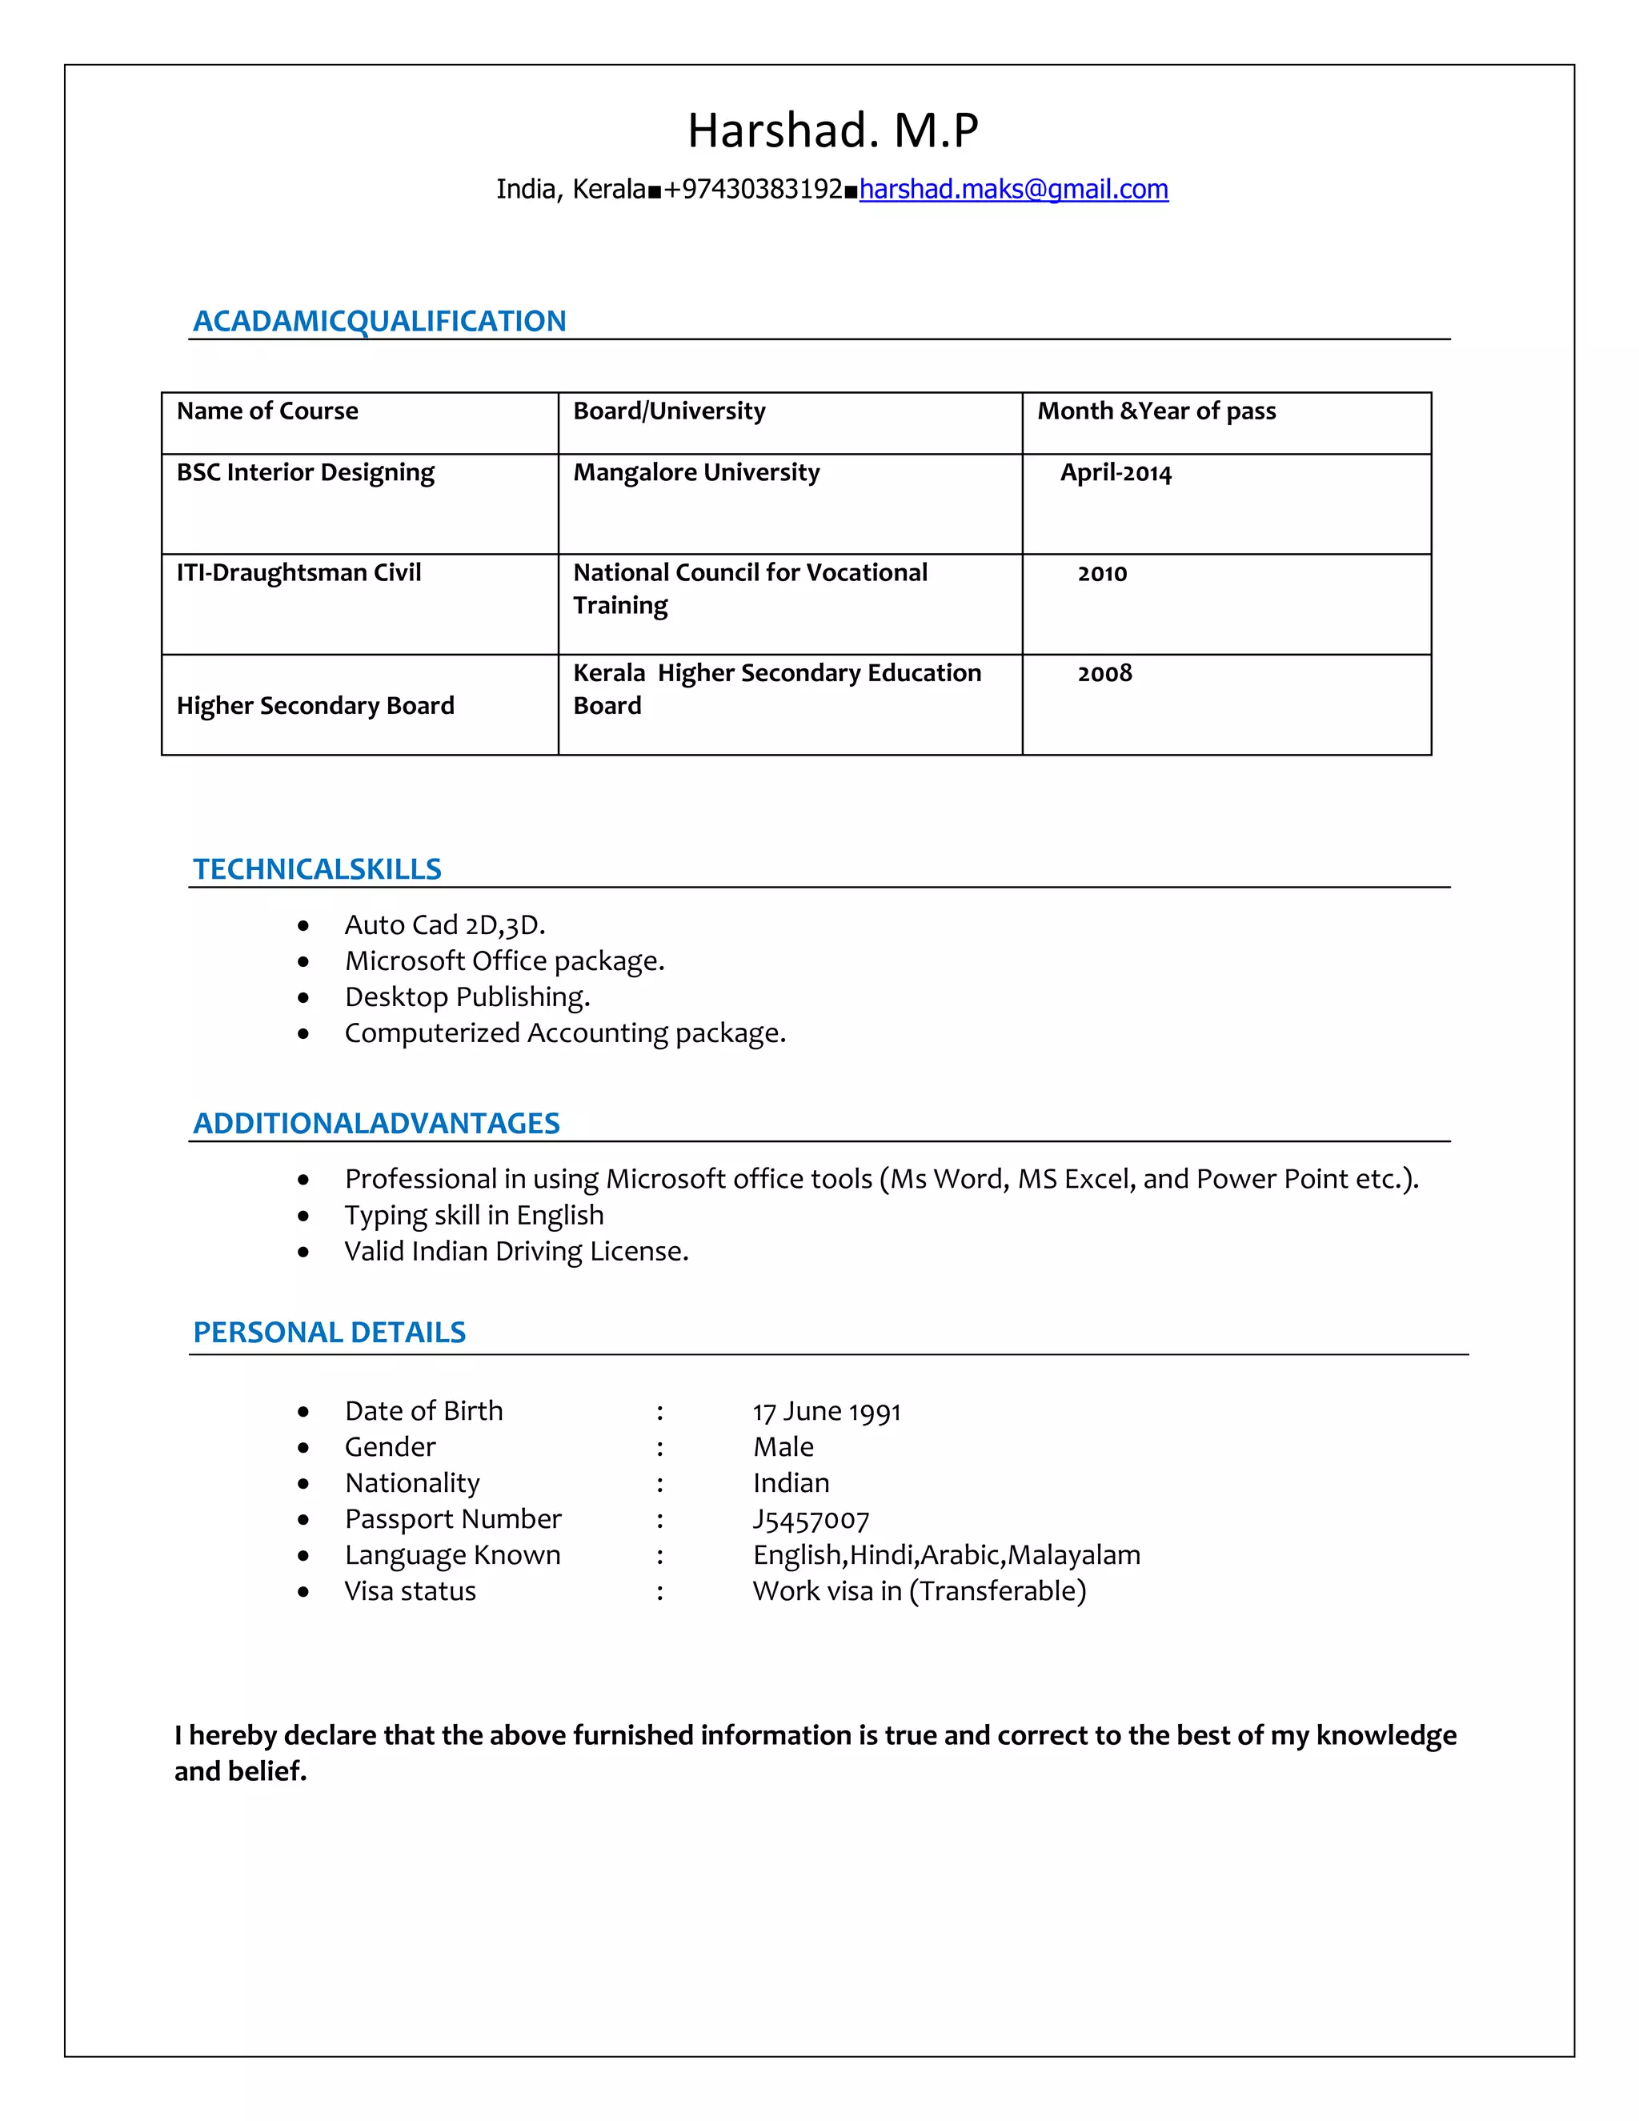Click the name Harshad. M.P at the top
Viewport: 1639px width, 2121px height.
coord(832,130)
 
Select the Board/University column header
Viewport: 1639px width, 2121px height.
coord(669,411)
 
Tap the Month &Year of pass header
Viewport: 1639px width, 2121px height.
coord(1156,411)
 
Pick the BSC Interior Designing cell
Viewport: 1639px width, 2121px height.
coord(305,473)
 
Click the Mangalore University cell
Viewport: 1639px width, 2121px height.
coord(696,473)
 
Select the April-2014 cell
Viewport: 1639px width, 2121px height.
coord(1115,474)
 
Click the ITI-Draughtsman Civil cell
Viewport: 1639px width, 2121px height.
coord(298,573)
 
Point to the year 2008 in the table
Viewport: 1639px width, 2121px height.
coord(1104,673)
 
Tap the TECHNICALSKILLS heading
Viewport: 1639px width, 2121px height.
coord(317,869)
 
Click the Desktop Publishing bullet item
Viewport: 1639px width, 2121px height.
coord(467,997)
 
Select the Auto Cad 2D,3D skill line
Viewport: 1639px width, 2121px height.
coord(445,925)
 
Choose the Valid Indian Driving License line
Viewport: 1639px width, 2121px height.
coord(515,1251)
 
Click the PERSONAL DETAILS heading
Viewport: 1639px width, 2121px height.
coord(329,1333)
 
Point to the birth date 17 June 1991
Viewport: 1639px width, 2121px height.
coord(826,1412)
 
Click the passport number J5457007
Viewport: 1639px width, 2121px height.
coord(811,1520)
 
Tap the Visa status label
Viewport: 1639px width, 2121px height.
coord(410,1592)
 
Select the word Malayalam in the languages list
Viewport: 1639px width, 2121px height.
coord(1074,1556)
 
